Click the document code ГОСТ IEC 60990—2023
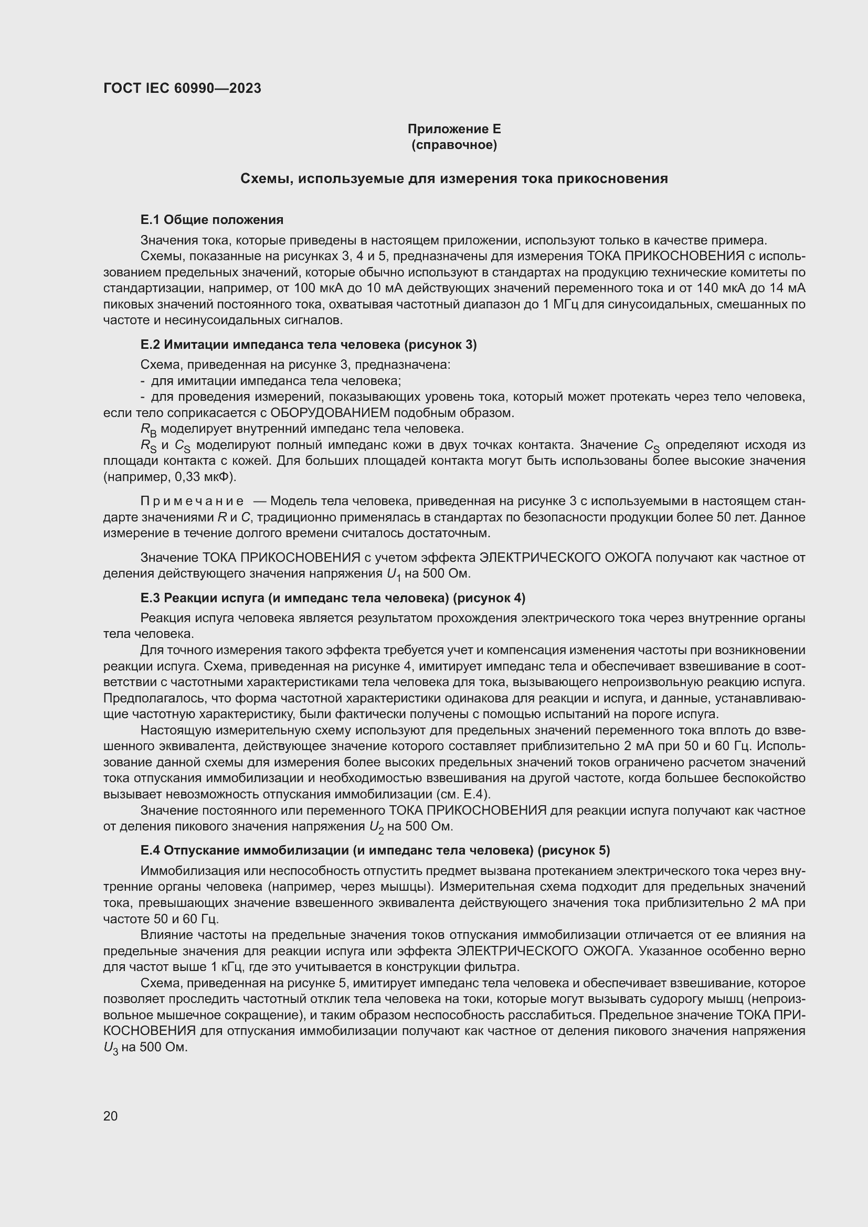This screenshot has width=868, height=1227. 182,89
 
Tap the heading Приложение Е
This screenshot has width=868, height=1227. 454,129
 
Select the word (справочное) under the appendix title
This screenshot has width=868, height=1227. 454,145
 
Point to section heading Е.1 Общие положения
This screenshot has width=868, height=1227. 211,220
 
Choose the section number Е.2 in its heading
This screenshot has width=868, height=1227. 150,345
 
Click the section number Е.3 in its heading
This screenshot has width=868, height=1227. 150,598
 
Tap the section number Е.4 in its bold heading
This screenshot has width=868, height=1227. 150,850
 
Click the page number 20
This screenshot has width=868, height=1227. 111,1116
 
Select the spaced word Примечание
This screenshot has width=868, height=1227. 192,502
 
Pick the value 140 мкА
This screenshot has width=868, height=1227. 722,289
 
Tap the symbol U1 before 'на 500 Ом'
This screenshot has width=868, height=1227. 394,574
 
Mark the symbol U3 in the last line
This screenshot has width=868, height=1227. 110,1048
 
